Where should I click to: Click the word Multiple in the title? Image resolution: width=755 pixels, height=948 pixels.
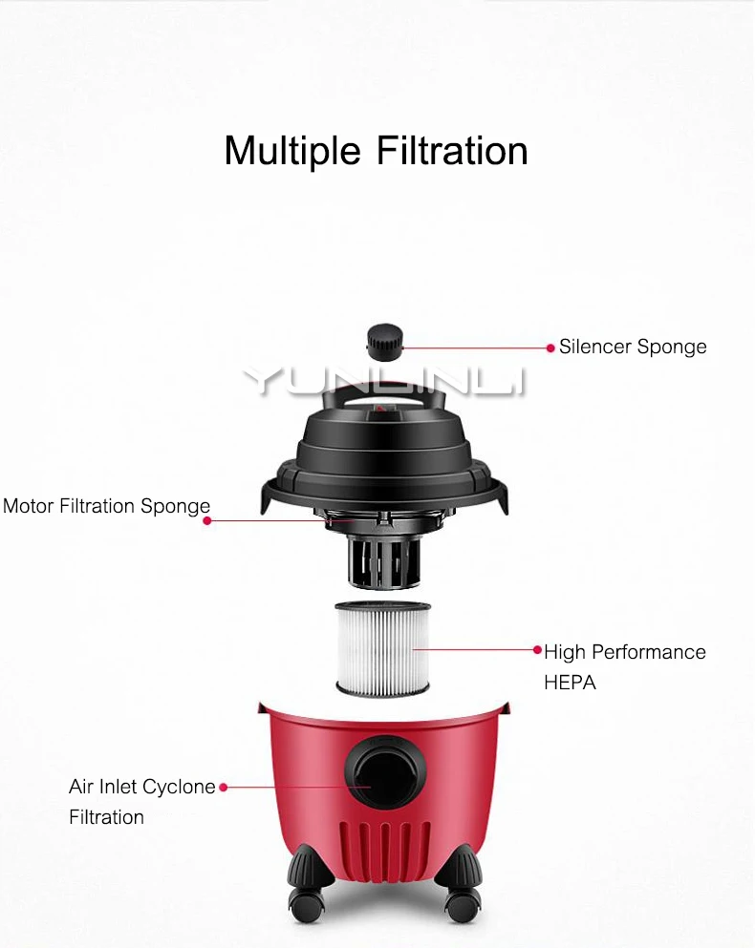tap(292, 151)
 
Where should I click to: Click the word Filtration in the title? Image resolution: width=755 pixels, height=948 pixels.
tap(452, 151)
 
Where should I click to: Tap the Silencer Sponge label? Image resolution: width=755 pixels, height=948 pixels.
tap(633, 348)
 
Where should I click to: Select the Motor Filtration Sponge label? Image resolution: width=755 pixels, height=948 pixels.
tap(106, 506)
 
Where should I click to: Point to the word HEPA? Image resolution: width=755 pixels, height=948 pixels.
tap(570, 683)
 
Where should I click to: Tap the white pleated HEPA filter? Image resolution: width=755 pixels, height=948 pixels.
tap(382, 649)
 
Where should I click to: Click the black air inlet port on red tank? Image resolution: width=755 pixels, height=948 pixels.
tap(385, 770)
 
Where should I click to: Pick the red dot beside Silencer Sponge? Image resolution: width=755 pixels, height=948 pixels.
tap(550, 348)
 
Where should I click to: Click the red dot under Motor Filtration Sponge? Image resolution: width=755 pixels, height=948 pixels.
tap(207, 520)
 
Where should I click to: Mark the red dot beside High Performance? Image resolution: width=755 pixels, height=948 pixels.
tap(537, 650)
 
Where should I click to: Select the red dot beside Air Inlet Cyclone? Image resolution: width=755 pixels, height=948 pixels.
tap(224, 788)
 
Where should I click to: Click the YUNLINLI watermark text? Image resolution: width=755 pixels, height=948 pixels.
tap(384, 382)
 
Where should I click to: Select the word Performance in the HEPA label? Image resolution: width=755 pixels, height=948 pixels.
tap(649, 652)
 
